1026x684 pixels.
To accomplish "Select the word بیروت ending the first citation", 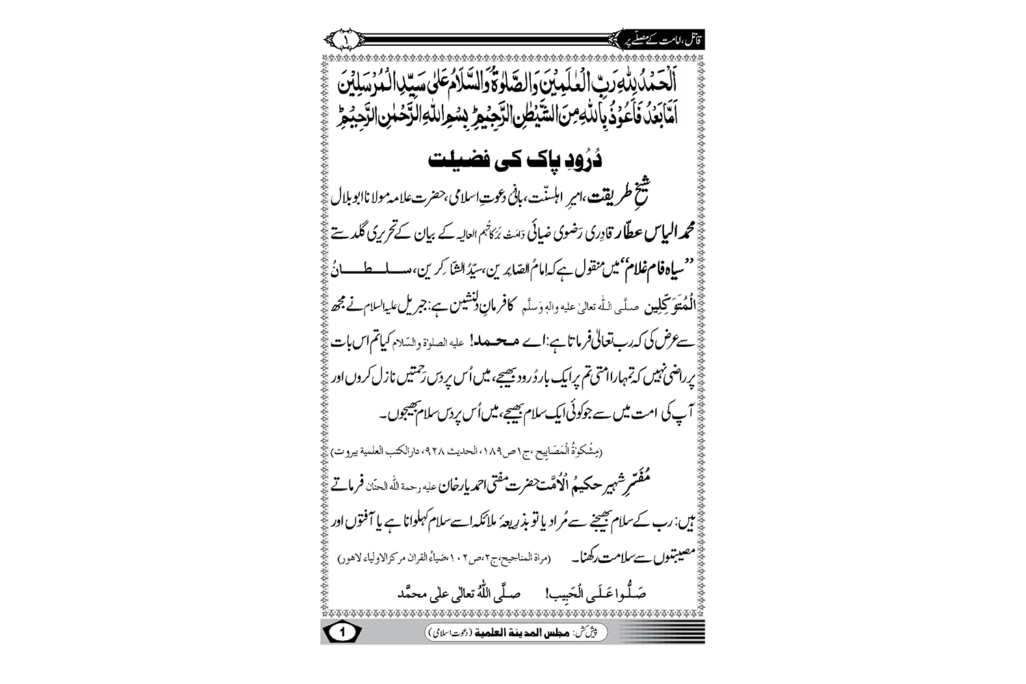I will coord(343,453).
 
